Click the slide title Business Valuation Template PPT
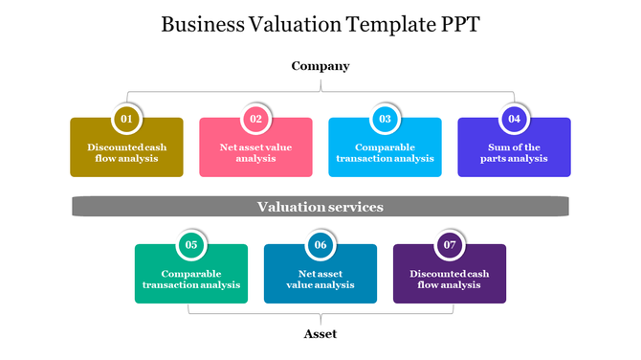click(320, 23)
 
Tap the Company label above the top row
click(320, 66)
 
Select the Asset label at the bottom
click(320, 334)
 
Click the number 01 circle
click(126, 119)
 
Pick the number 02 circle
click(255, 119)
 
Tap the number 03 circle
click(385, 119)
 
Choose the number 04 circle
click(514, 119)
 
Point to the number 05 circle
click(191, 245)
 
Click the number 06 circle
click(320, 245)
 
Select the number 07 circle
click(450, 245)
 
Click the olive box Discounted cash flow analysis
click(126, 154)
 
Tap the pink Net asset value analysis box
click(255, 154)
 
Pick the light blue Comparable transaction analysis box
click(385, 154)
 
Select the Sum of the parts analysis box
click(514, 154)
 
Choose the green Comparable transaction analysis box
click(191, 280)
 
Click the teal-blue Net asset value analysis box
click(320, 280)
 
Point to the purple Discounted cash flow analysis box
click(450, 280)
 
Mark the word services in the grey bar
click(354, 207)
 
